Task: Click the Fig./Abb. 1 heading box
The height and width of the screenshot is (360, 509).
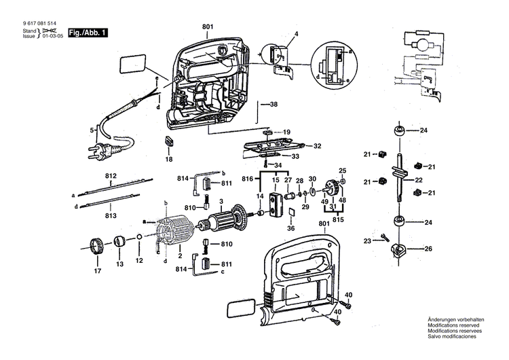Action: coord(88,32)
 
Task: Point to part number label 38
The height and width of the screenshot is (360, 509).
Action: coord(274,105)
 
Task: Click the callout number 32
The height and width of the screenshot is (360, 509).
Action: coord(317,145)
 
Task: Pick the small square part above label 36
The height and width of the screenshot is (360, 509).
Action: coord(290,216)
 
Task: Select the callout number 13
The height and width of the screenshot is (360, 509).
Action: coord(119,263)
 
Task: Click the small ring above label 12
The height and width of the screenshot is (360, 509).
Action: coord(139,238)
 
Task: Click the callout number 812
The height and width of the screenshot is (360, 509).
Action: coord(111,175)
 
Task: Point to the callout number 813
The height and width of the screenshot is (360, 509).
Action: coord(111,215)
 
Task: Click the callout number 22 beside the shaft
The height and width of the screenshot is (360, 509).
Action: coord(419,180)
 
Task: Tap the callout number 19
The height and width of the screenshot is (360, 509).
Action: coord(286,132)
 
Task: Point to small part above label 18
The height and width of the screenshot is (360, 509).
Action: coord(169,142)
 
